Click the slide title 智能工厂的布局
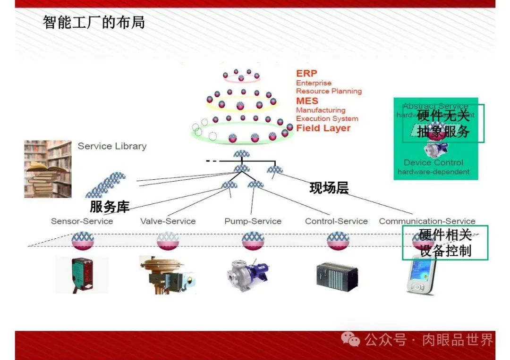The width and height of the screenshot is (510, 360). click(x=93, y=22)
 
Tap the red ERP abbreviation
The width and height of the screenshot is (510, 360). click(x=306, y=74)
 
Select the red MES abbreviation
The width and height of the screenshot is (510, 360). click(x=307, y=101)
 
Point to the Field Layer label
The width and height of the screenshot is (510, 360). click(x=323, y=128)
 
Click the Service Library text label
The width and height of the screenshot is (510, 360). click(x=112, y=146)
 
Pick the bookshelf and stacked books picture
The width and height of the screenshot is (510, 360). click(x=48, y=169)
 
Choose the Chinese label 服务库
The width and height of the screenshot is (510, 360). click(x=110, y=207)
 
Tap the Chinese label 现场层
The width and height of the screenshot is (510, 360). click(x=329, y=188)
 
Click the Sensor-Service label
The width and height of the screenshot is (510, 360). click(x=82, y=221)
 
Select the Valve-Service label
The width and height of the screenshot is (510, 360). click(x=168, y=221)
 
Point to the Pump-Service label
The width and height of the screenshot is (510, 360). click(x=253, y=221)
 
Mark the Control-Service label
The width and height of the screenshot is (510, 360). click(x=336, y=221)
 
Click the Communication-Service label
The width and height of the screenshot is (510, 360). click(x=427, y=221)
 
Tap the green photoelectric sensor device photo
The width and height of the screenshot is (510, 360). click(x=81, y=274)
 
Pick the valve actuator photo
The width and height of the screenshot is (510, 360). click(x=167, y=274)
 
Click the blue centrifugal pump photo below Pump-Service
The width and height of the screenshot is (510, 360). click(x=247, y=274)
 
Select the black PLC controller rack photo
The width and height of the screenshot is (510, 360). click(x=337, y=274)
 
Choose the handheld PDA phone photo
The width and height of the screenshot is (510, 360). click(x=421, y=274)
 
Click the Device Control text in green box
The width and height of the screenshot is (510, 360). click(x=433, y=163)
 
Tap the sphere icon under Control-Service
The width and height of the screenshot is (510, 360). click(x=338, y=241)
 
